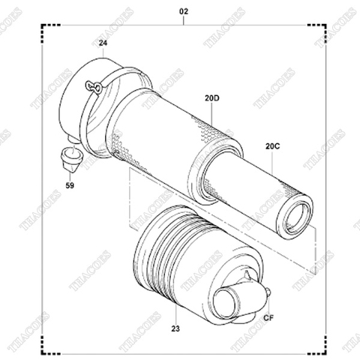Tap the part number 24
pos(103,44)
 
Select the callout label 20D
pos(212,97)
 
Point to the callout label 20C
pos(271,146)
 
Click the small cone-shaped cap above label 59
pos(70,158)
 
